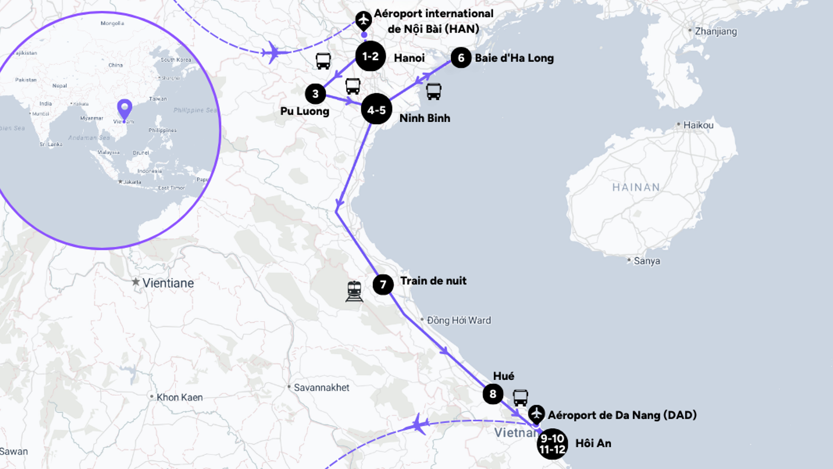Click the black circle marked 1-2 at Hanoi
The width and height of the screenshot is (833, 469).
[x=370, y=56]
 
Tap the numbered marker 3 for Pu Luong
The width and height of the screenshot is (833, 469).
[x=315, y=94]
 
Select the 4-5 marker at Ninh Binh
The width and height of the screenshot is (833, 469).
[x=377, y=109]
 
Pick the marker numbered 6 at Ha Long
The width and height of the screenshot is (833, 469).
[x=461, y=58]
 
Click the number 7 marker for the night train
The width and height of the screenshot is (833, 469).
[x=383, y=284]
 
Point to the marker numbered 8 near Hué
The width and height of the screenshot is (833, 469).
[x=493, y=394]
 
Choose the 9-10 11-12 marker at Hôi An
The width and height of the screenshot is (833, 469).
[x=552, y=444]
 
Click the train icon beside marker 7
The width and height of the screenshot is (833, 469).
[x=354, y=291]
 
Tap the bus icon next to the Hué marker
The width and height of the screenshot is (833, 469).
[x=520, y=397]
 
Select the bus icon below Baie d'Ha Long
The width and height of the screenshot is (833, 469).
[x=434, y=91]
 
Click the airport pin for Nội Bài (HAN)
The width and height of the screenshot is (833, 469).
[x=364, y=20]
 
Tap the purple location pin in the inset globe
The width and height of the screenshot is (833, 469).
[x=125, y=109]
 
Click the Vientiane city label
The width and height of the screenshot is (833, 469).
[x=168, y=283]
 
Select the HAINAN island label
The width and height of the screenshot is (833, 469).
[x=636, y=187]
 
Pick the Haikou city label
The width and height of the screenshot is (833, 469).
[x=698, y=125]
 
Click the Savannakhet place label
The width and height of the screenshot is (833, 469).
[x=321, y=387]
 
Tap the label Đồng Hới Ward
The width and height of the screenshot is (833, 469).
[x=459, y=320]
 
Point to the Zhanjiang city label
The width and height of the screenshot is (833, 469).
[x=716, y=31]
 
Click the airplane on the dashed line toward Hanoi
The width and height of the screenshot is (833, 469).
[x=274, y=52]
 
